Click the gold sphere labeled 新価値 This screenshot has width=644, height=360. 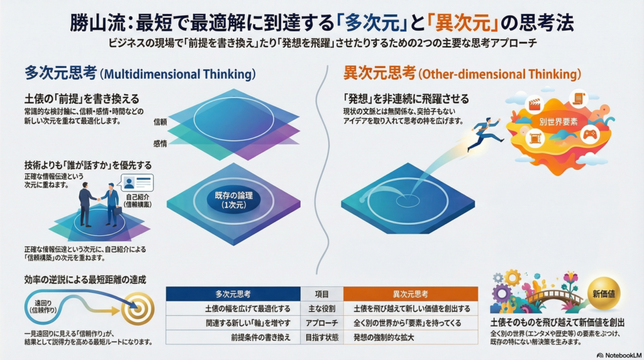604,293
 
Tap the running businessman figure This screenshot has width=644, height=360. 486,134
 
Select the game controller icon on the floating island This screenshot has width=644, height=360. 590,135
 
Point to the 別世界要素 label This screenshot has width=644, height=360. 558,121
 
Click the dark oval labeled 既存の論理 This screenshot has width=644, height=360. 233,200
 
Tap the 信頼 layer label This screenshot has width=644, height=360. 160,122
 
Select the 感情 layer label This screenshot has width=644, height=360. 160,143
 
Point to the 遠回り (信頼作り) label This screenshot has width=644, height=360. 43,307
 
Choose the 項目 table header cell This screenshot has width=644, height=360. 322,295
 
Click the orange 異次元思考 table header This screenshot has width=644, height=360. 410,295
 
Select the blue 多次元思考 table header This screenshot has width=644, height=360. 233,295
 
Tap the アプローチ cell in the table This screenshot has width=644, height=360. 322,323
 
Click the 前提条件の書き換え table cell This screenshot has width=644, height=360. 260,337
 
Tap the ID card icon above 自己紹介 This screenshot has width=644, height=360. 137,183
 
